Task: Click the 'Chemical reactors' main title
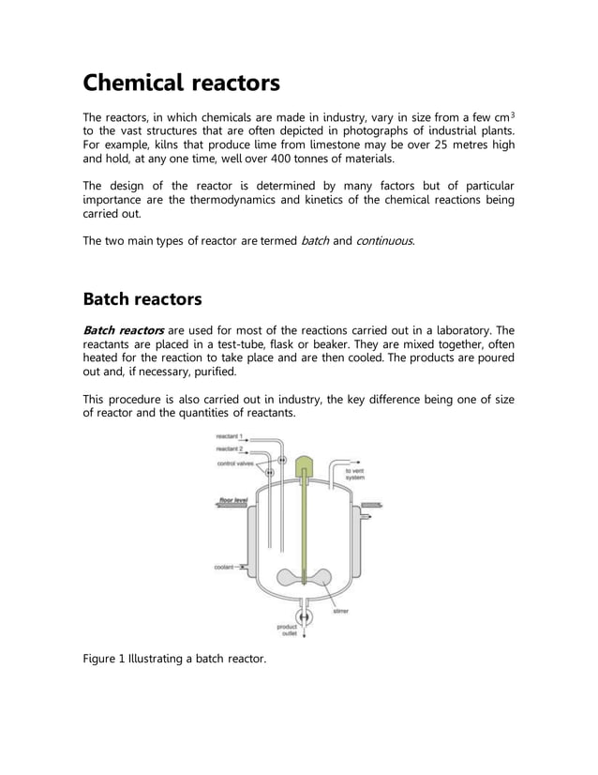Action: tap(181, 84)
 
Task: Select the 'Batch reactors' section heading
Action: tap(142, 299)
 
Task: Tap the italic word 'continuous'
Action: tap(384, 241)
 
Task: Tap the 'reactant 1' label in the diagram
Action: tap(229, 437)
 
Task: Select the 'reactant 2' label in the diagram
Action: tap(229, 449)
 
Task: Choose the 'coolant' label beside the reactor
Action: tap(224, 567)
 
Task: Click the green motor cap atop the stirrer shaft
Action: tap(303, 466)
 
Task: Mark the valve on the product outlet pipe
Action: tap(304, 615)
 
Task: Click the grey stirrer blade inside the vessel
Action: tap(304, 580)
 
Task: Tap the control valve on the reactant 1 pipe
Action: tap(281, 460)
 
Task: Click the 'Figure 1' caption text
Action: tap(175, 660)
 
